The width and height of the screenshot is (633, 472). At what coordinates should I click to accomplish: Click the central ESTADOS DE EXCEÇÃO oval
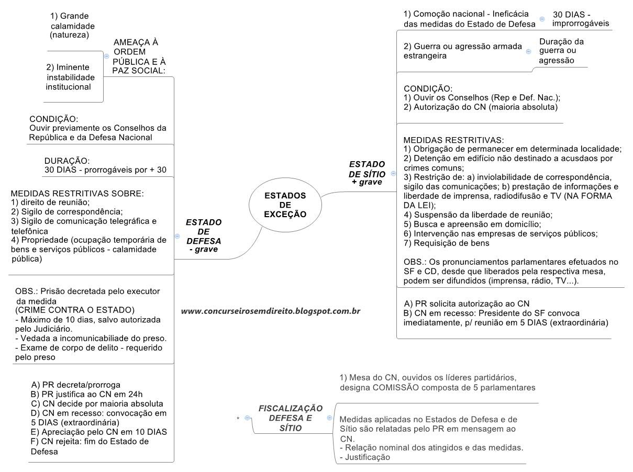pos(285,205)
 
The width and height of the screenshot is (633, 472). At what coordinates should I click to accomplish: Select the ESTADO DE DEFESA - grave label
pos(204,236)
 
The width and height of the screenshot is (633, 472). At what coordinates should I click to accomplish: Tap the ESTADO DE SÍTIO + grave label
pos(367,173)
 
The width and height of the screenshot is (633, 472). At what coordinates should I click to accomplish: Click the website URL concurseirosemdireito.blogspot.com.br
pos(270,311)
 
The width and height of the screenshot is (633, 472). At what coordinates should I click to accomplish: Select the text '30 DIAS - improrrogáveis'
pos(580,19)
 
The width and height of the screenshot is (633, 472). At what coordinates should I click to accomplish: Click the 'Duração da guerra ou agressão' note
pos(561,51)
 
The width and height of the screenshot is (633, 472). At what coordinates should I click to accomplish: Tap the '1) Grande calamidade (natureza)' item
pos(72,26)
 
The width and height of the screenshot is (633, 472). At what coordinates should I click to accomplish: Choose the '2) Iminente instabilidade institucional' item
pos(69,77)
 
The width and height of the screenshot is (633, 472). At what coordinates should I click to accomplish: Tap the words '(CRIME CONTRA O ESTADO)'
pos(75,309)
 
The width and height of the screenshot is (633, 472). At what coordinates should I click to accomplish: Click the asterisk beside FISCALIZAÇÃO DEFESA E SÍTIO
pos(238,418)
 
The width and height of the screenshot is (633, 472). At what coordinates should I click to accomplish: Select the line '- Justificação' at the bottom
pos(365,457)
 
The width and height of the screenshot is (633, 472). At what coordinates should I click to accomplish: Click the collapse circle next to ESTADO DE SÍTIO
pos(393,173)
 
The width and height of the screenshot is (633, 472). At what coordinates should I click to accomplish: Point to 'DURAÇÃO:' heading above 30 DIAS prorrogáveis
pos(67,161)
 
